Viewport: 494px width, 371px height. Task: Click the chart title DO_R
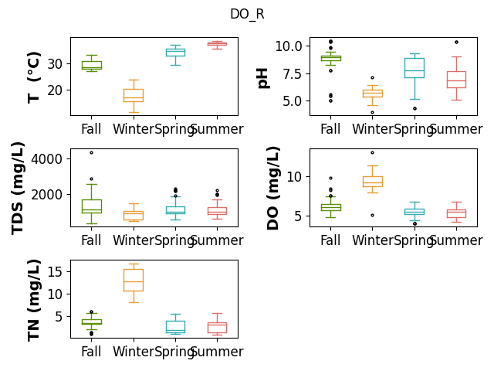247,14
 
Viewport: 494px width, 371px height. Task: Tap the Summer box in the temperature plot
217,44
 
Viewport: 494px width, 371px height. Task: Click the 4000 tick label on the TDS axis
46,158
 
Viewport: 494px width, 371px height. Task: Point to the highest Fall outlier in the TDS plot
91,153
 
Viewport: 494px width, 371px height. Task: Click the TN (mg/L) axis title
34,301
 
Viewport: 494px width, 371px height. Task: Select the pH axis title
262,78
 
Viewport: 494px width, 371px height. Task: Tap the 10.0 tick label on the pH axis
289,46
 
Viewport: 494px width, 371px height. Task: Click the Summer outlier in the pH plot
456,43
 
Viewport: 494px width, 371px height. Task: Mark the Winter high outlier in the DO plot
372,153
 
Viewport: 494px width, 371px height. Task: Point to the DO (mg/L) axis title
272,189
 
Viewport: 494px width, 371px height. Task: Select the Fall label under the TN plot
91,352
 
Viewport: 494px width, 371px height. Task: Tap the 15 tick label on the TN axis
55,271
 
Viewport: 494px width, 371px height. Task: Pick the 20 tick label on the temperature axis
55,90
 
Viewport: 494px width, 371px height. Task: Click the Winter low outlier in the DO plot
372,216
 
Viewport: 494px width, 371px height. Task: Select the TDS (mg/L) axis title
18,189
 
